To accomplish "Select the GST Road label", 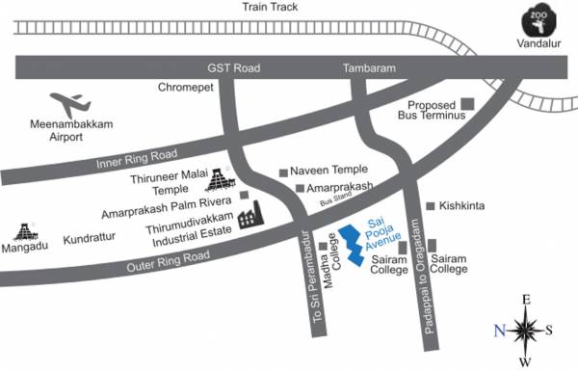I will [235, 69].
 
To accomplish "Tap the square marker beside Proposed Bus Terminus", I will [469, 103].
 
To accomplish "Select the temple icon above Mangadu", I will [26, 231].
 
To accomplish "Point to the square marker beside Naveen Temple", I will [283, 172].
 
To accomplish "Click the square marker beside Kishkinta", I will [431, 206].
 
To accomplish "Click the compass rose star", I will [526, 331].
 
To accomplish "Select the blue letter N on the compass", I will [500, 331].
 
